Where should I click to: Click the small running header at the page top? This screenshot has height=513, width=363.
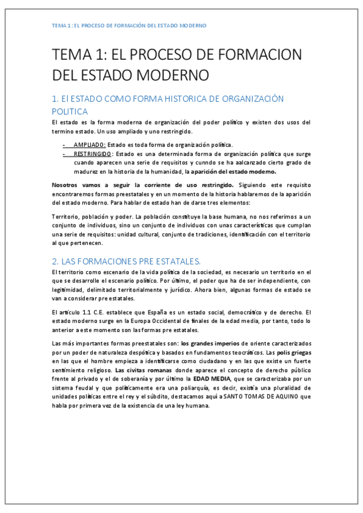(129, 25)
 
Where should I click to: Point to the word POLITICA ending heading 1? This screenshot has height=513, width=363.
(70, 111)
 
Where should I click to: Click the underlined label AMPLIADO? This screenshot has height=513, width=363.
(90, 145)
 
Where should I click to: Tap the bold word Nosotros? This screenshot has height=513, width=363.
(67, 184)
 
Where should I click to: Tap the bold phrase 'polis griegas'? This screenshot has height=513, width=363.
(293, 353)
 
